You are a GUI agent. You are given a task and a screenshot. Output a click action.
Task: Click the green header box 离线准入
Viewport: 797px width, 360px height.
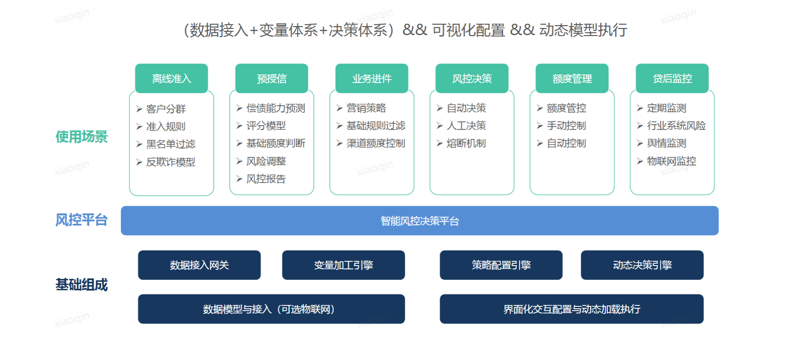[x=171, y=78]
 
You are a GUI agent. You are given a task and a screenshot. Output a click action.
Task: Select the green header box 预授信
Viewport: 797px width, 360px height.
[x=272, y=78]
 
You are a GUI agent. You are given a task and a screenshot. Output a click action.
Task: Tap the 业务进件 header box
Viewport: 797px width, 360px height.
[x=372, y=78]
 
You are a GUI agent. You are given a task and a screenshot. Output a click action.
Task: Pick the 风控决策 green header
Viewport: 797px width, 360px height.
[x=472, y=78]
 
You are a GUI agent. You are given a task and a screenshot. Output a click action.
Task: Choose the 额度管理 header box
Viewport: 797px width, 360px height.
[x=572, y=78]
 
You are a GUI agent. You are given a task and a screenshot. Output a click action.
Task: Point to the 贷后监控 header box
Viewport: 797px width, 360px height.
[x=672, y=78]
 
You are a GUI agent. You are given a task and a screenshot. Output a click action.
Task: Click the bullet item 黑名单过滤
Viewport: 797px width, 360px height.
[x=171, y=144]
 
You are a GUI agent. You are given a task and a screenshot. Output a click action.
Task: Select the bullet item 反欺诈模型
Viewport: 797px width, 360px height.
[x=171, y=162]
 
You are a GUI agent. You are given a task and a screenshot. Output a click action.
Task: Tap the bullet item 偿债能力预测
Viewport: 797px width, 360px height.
[x=275, y=108]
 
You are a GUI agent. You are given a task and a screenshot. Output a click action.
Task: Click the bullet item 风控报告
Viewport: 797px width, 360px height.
[x=266, y=179]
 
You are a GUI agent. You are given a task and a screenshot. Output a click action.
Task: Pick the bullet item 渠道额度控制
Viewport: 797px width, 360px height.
[x=376, y=143]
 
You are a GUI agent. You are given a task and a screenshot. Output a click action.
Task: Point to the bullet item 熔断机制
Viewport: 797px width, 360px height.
[x=466, y=143]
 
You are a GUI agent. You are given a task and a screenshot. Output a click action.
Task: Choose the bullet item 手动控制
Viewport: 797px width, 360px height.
[x=566, y=126]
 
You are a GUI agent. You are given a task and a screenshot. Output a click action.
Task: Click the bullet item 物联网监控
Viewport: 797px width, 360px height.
[x=671, y=161]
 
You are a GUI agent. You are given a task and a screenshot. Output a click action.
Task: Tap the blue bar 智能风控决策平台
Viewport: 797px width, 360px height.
[x=420, y=221]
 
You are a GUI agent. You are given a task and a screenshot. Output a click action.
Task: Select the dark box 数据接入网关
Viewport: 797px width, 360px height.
[x=199, y=265]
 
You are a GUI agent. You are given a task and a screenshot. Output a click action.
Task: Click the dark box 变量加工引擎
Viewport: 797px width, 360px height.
[x=343, y=265]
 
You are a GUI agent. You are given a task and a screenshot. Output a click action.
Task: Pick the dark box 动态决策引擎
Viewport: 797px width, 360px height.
[x=642, y=265]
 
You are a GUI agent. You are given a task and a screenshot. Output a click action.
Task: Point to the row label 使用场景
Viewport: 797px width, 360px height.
[x=82, y=137]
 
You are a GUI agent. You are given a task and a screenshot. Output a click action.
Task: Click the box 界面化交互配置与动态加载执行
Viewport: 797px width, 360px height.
[x=571, y=309]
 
